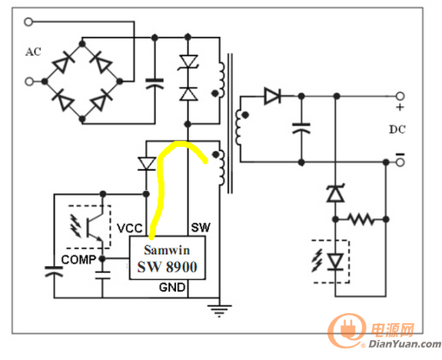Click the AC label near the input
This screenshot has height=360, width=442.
pos(33,52)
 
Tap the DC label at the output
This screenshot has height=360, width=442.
pos(397,129)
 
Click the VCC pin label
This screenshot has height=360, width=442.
pos(130,228)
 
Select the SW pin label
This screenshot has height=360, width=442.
pos(201,228)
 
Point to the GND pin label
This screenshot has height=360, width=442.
pos(172,288)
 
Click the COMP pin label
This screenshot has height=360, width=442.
pos(78,259)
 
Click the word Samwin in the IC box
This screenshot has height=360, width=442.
pos(167,250)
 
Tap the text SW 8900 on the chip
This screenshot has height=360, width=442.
pos(167,267)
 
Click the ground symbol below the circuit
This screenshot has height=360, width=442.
pos(219,310)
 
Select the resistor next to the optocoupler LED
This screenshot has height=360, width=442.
pos(361,219)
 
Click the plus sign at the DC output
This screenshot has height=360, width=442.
pos(400,107)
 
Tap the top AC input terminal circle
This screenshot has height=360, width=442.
pos(28,22)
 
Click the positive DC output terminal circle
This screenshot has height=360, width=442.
pos(400,96)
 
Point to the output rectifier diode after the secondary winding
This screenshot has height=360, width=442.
pos(272,96)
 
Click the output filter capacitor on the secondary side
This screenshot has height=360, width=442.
pos(301,128)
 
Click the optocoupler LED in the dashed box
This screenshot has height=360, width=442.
pos(335,262)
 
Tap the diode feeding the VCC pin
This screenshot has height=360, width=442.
pos(146,164)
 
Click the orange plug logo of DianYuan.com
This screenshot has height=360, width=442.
pos(347,330)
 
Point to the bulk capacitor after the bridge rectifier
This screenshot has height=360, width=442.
pos(155,84)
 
